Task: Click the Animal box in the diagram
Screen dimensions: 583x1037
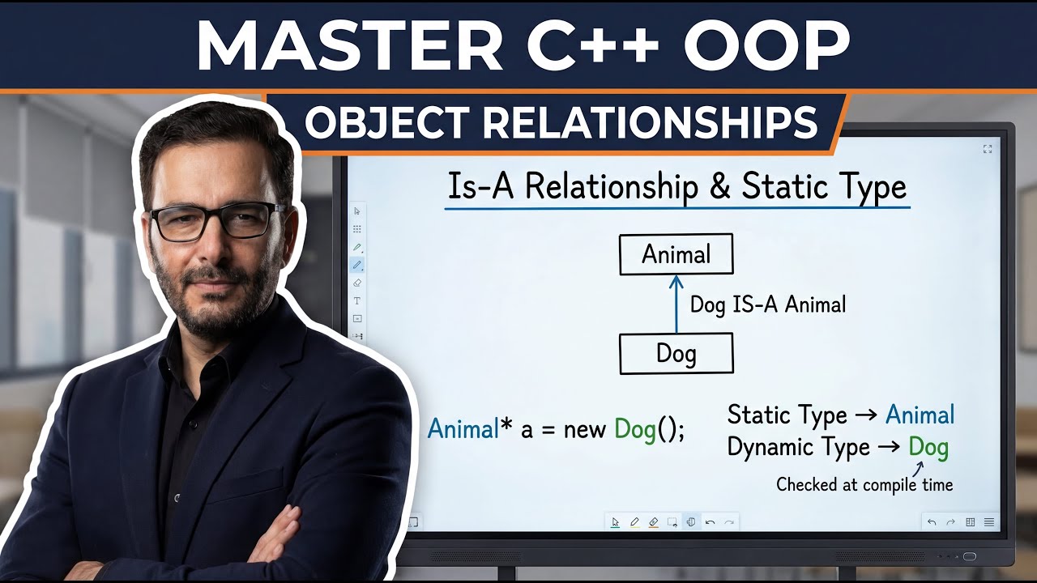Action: (676, 254)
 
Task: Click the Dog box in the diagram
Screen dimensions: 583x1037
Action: (676, 354)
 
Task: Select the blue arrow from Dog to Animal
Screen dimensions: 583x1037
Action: (676, 304)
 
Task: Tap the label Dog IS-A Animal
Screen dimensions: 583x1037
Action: (767, 304)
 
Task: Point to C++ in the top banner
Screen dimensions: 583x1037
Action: (592, 47)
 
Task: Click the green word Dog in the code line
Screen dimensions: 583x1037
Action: (635, 429)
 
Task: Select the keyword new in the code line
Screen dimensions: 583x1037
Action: (585, 430)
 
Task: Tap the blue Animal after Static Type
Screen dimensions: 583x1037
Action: (920, 415)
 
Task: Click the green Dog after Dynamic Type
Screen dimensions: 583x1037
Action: (928, 447)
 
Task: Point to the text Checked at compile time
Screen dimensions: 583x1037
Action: (864, 484)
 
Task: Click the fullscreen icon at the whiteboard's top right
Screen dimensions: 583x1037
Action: (988, 149)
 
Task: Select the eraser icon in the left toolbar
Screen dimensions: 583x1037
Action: (357, 283)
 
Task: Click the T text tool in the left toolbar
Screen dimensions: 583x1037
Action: (357, 300)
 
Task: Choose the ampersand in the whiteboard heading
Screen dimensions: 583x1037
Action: (718, 187)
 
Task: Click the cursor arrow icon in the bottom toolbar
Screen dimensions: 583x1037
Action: (615, 522)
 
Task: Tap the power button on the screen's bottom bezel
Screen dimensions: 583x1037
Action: (969, 556)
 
